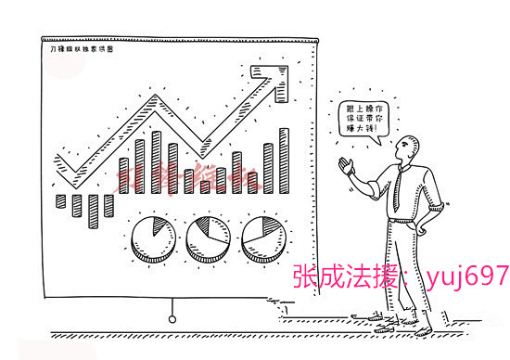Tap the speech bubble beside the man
[363, 118]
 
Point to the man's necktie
[396, 189]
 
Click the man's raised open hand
[348, 166]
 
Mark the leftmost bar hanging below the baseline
[61, 201]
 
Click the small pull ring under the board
[172, 319]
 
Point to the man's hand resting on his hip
[428, 225]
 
